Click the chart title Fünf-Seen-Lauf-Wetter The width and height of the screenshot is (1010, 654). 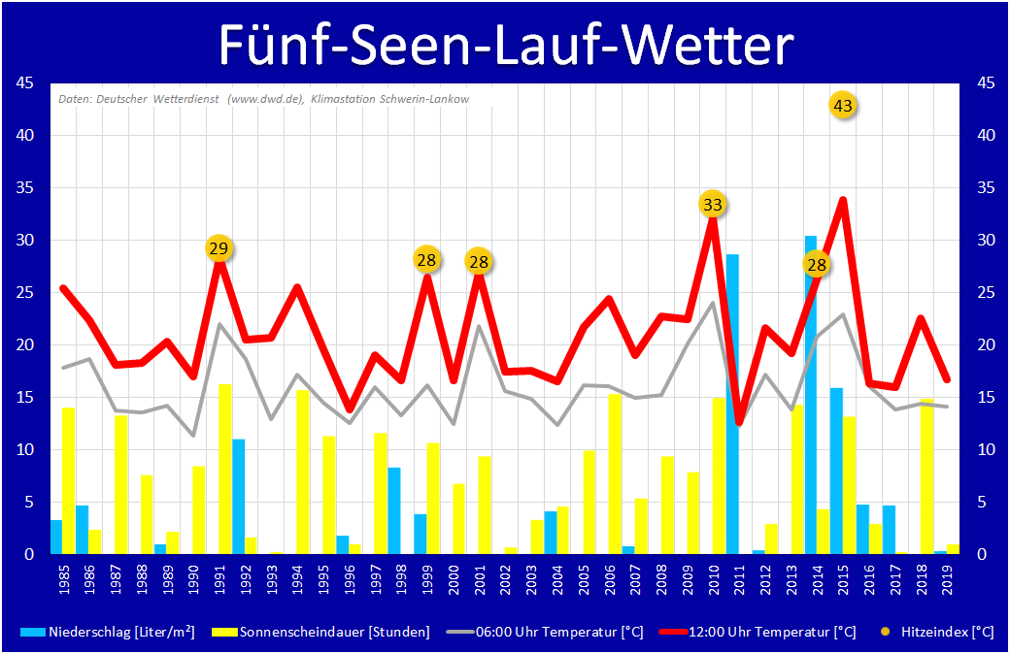click(x=505, y=44)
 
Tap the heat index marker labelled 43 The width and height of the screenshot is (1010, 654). click(x=843, y=106)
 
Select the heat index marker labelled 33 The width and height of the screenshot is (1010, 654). click(x=713, y=204)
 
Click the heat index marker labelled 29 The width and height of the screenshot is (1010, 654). click(x=219, y=248)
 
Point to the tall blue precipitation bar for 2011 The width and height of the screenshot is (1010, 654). click(x=733, y=404)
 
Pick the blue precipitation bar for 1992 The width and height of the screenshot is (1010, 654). click(x=238, y=496)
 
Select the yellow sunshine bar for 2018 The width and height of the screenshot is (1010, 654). click(x=927, y=476)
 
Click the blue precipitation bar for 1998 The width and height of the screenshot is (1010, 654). click(x=394, y=510)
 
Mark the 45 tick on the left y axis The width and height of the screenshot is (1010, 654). click(x=26, y=83)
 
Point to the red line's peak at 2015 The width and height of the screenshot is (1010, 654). click(x=843, y=200)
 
